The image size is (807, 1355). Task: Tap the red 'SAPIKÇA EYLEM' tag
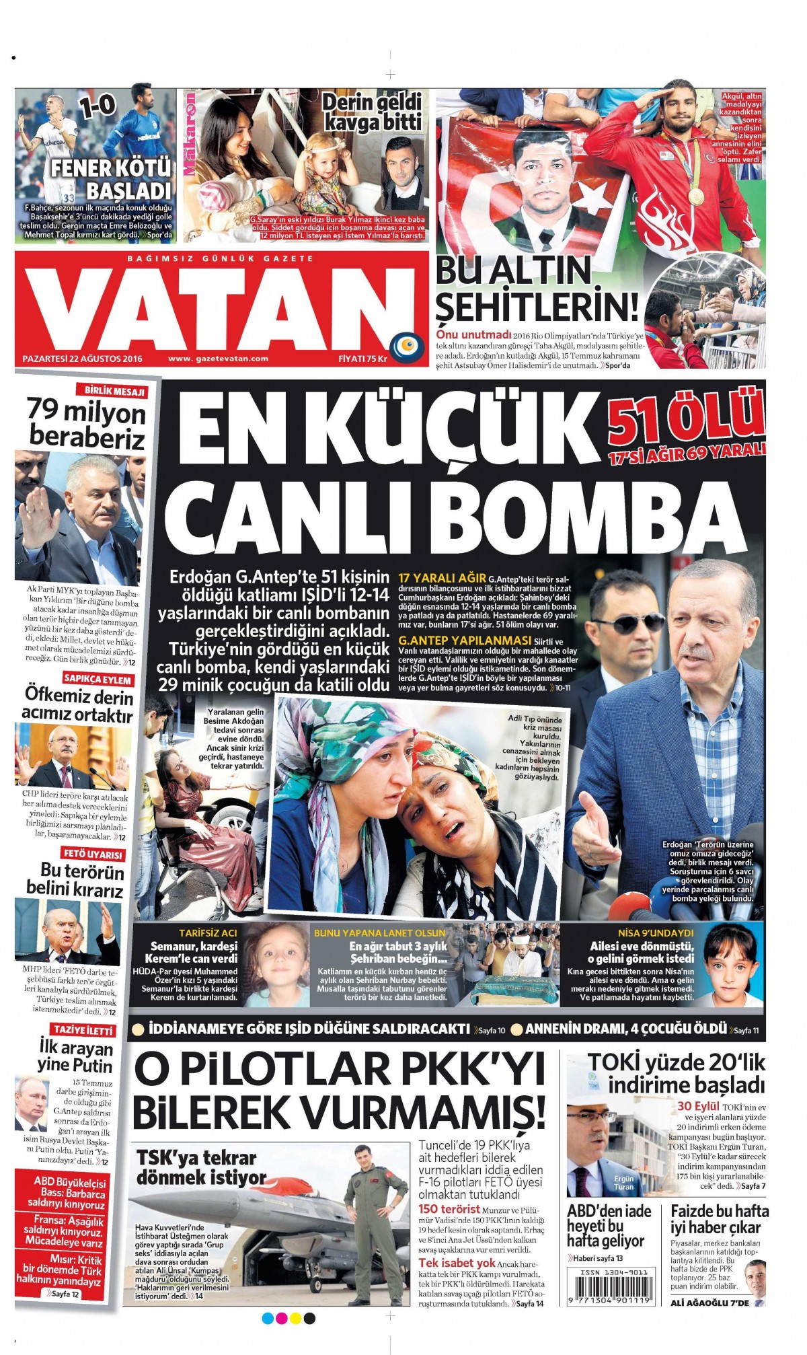[x=98, y=680]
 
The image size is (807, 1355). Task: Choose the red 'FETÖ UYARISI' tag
[x=93, y=854]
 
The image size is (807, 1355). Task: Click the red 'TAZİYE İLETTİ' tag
[x=83, y=1030]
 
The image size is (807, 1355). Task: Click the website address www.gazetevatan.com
[x=218, y=359]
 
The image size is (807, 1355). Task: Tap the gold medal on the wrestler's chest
[x=696, y=196]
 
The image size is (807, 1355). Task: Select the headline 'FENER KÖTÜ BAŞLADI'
[x=111, y=178]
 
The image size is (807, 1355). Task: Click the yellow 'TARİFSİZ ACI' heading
[x=208, y=933]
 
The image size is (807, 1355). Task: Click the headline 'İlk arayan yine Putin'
[x=75, y=1056]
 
